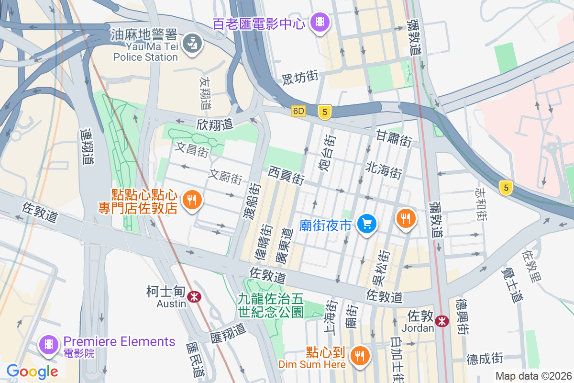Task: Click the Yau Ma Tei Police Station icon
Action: (193, 43)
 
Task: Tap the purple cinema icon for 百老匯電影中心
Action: (319, 22)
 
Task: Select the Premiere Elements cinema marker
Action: (49, 344)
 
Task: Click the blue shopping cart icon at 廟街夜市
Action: (367, 224)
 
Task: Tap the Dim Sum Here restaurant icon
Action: (359, 355)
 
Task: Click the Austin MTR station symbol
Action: (194, 297)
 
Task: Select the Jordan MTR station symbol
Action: (442, 320)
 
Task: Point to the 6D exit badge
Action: (298, 112)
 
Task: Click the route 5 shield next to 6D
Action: (325, 112)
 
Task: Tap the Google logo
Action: (32, 371)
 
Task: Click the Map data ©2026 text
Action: (533, 376)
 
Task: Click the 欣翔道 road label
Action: (214, 124)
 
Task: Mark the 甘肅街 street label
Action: (394, 139)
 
